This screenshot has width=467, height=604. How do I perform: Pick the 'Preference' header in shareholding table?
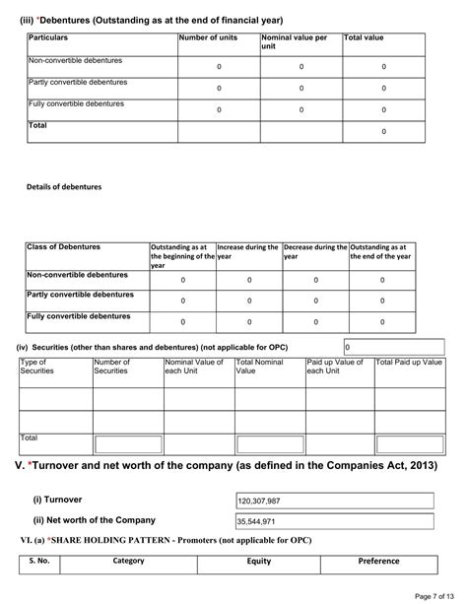click(378, 561)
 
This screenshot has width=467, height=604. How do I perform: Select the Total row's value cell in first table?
click(382, 131)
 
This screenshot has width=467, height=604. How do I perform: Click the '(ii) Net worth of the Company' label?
click(94, 519)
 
